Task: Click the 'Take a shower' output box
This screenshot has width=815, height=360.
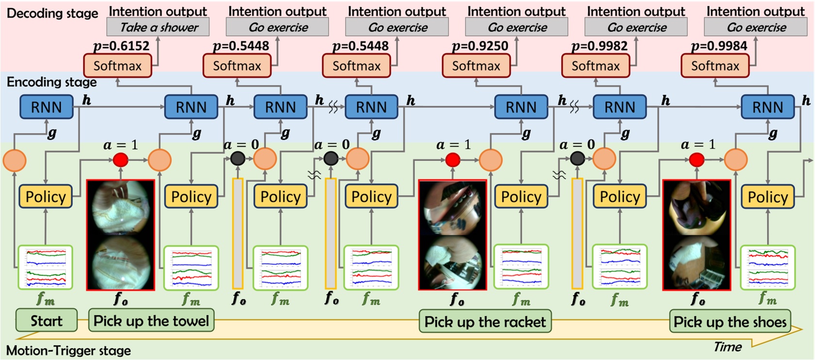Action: pyautogui.click(x=158, y=27)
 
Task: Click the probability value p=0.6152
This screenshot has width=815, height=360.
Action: pyautogui.click(x=121, y=46)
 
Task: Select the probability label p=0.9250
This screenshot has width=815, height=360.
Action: pyautogui.click(x=480, y=46)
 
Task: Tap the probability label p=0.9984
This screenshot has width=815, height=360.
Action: pyautogui.click(x=719, y=46)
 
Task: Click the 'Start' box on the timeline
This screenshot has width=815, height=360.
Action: pyautogui.click(x=47, y=321)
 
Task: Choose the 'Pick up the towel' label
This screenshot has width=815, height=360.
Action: pyautogui.click(x=151, y=321)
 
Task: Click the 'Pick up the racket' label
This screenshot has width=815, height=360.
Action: pyautogui.click(x=485, y=322)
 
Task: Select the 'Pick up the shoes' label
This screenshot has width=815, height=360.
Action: pyautogui.click(x=730, y=322)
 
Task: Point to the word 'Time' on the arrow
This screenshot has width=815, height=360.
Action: pyautogui.click(x=727, y=346)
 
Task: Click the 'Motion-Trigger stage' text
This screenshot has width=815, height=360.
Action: pyautogui.click(x=68, y=350)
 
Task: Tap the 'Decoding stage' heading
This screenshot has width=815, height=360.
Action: pyautogui.click(x=52, y=13)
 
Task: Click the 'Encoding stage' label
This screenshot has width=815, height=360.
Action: pyautogui.click(x=51, y=82)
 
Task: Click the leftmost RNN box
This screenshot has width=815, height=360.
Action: pyautogui.click(x=46, y=107)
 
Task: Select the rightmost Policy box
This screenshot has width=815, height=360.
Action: pyautogui.click(x=767, y=196)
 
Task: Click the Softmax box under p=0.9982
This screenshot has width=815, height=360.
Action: pyautogui.click(x=596, y=65)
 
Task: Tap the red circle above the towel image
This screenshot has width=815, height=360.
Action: pyautogui.click(x=120, y=160)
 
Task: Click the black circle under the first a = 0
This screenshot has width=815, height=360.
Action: pyautogui.click(x=238, y=158)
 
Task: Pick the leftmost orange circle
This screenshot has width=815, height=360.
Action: pyautogui.click(x=15, y=160)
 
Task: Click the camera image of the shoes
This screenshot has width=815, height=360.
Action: pyautogui.click(x=697, y=235)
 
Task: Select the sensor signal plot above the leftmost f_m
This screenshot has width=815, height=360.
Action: pyautogui.click(x=45, y=267)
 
